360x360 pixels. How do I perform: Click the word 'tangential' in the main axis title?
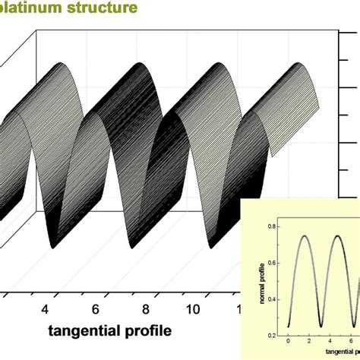coord(86,331)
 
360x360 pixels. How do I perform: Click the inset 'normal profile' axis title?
coord(264,279)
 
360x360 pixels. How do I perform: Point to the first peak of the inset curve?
coord(305,235)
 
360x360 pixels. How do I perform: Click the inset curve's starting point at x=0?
coord(289,327)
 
